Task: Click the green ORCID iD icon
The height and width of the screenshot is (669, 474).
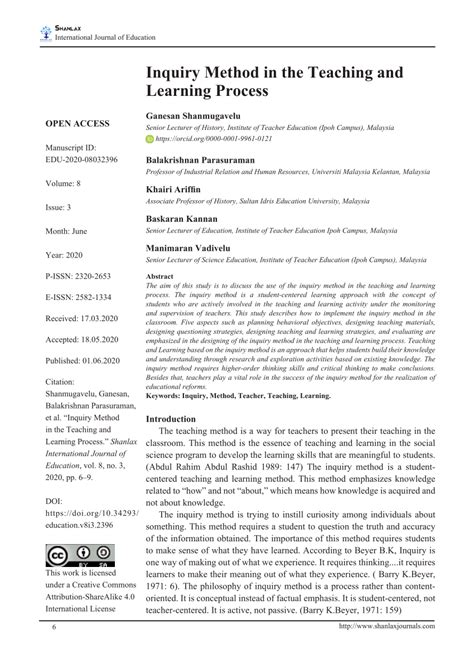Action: [151, 139]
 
